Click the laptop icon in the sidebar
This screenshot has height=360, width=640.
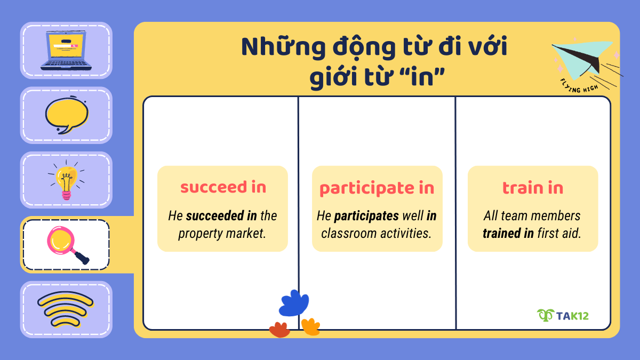[x=66, y=51]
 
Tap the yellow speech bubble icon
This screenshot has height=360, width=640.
[x=66, y=115]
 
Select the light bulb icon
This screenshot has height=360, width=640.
[x=66, y=180]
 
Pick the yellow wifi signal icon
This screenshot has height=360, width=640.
[x=66, y=309]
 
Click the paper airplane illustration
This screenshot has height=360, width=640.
[x=584, y=59]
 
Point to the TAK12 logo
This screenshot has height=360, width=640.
[x=563, y=315]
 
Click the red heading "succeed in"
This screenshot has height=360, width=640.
[x=223, y=188]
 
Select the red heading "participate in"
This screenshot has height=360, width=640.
[x=377, y=188]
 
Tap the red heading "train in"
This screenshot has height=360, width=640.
[x=532, y=188]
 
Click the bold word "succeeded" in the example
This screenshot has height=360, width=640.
[x=209, y=216]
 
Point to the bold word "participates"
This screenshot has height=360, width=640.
[x=366, y=216]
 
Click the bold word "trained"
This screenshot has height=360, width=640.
[x=501, y=233]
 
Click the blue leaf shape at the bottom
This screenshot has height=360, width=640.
[x=294, y=303]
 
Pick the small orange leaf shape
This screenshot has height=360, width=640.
[x=310, y=326]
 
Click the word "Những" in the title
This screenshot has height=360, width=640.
[x=276, y=48]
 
